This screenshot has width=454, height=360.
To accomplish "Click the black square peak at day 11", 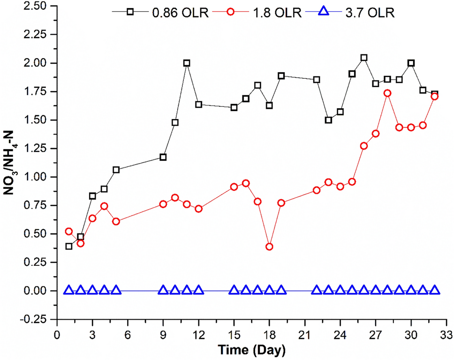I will tap(187, 63).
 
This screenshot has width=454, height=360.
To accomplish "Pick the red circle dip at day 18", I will tap(269, 247).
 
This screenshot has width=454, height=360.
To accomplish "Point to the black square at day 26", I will tap(364, 58).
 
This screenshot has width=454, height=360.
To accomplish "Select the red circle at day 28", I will tap(387, 93).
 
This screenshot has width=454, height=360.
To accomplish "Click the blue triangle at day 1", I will tap(69, 290).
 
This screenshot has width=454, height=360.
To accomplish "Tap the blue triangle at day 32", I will tap(435, 290).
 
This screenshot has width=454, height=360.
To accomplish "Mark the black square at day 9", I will tap(163, 157).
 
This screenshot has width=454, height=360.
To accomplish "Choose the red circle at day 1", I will tap(69, 232).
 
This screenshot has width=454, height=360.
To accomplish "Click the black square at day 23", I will tap(328, 120).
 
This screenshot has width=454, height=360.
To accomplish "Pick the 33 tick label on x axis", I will tap(446, 336).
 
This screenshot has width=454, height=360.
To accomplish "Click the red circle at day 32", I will tap(435, 96).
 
